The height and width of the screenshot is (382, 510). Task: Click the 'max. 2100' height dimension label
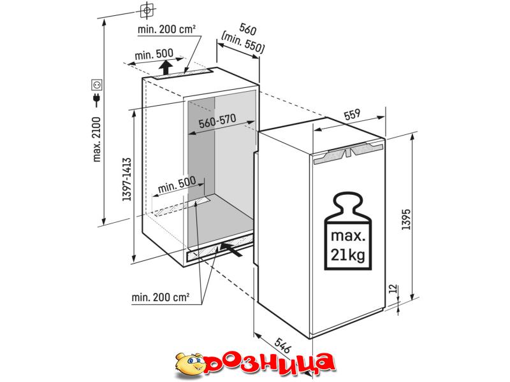[97, 139]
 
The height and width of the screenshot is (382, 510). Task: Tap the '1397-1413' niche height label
[127, 180]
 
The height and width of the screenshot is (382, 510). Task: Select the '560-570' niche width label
[217, 121]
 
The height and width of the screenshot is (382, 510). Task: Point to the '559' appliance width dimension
[352, 114]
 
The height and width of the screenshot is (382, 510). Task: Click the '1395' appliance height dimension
[406, 220]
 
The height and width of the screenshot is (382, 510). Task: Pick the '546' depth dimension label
[282, 346]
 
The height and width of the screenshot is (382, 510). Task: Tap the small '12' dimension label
[393, 288]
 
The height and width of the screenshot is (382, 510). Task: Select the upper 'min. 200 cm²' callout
[166, 29]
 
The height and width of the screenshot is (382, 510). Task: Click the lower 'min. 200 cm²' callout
[161, 297]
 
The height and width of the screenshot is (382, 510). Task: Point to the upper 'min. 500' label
[154, 54]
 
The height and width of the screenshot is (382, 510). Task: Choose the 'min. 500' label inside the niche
[177, 184]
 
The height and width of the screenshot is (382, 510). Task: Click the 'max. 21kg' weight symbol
[347, 231]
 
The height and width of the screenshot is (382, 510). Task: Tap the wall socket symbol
[97, 85]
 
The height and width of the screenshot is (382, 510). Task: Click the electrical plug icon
[97, 100]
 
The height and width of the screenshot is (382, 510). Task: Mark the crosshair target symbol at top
[147, 10]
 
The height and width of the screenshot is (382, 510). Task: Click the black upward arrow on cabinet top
[166, 67]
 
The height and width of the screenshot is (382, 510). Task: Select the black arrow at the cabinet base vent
[231, 249]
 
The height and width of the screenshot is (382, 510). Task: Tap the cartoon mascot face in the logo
[190, 364]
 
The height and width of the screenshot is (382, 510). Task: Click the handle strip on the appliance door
[347, 154]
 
